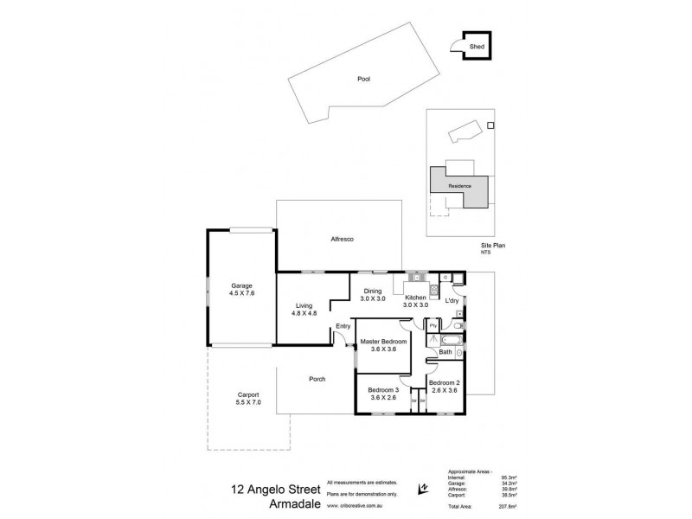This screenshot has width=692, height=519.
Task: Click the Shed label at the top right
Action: [x=476, y=48]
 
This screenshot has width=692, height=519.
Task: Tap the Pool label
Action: [x=363, y=80]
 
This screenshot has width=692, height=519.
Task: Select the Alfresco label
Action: [x=343, y=239]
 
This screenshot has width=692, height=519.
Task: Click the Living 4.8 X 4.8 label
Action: [x=304, y=309]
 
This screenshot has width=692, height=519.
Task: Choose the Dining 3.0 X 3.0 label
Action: [x=373, y=294]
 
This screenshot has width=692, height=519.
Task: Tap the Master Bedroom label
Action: [x=383, y=345]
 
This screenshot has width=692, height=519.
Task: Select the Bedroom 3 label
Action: [x=383, y=394]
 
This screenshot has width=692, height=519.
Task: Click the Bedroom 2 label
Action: [x=443, y=386]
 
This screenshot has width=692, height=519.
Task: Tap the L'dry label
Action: [x=451, y=300]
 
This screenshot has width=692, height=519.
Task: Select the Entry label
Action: [x=343, y=325]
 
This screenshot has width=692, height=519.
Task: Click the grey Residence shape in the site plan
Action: [x=459, y=186]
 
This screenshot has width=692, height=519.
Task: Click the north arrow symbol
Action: [x=423, y=486]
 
